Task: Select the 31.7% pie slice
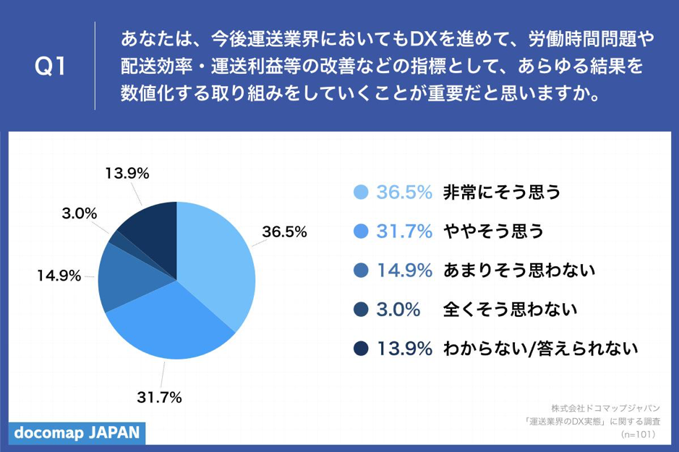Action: point(174,325)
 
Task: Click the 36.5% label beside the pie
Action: point(284,232)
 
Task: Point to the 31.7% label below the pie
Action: point(159,397)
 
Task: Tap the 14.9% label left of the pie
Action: point(59,276)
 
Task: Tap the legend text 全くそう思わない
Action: point(509,310)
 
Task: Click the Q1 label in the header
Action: point(51,67)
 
